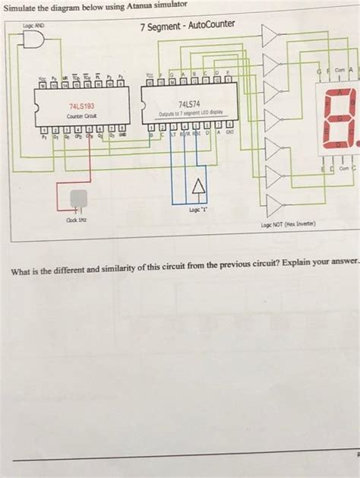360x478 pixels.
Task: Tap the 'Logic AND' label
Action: [35, 26]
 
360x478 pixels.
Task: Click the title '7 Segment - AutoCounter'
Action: [187, 28]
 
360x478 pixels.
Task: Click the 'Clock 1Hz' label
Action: [76, 220]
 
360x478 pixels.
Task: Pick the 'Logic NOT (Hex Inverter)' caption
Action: [289, 226]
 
